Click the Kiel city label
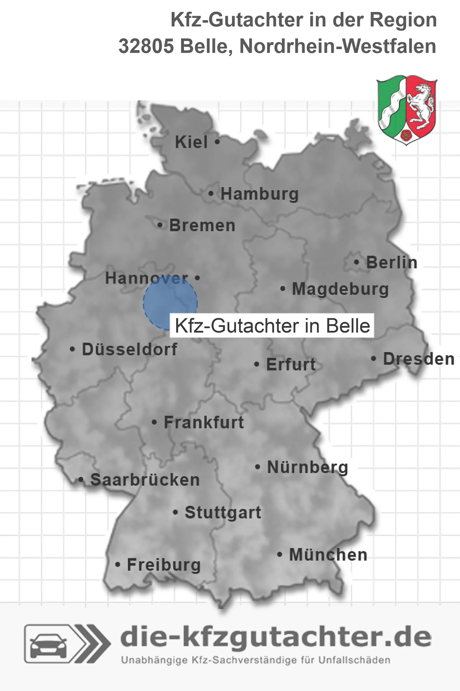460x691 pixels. [x=191, y=142]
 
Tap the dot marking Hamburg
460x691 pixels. [x=211, y=194]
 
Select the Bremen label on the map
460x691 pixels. [x=202, y=226]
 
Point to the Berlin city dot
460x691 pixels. [x=357, y=262]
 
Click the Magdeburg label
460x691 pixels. [x=340, y=289]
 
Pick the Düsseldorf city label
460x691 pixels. [x=129, y=349]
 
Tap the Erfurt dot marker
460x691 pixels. [x=257, y=365]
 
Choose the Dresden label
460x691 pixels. [x=419, y=359]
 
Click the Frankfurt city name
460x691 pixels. [x=204, y=422]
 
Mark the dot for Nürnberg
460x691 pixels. [x=258, y=467]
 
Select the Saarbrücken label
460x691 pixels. [x=145, y=480]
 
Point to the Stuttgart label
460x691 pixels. [x=223, y=512]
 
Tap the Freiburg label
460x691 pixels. [x=164, y=565]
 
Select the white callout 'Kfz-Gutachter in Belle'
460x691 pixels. [x=272, y=326]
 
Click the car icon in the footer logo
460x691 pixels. [x=48, y=643]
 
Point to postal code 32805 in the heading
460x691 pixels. [x=146, y=46]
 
